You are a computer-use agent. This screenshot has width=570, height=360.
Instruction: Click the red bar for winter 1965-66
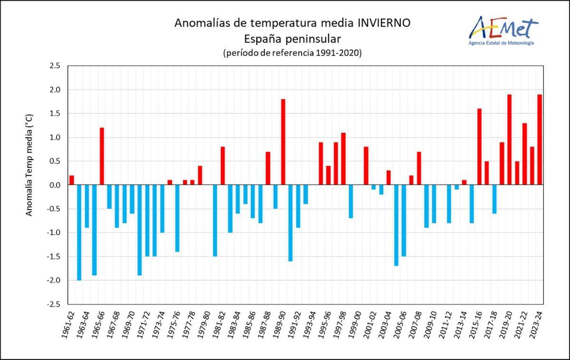coord(102,156)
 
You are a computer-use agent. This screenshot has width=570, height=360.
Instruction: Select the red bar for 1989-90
coord(283,142)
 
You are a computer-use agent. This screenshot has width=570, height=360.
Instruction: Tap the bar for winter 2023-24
coord(540,140)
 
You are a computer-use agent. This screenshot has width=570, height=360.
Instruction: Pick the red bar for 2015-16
coord(479,147)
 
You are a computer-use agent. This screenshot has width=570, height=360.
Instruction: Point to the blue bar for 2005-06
coord(404,220)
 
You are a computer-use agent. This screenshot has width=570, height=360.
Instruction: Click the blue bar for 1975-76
coord(177,218)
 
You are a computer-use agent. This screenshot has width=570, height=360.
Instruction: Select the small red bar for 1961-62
coord(72,180)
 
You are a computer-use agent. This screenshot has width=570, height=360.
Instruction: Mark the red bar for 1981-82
coord(223,166)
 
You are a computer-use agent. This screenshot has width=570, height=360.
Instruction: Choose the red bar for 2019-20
coord(509,140)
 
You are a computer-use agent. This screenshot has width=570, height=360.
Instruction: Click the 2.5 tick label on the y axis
coord(55,66)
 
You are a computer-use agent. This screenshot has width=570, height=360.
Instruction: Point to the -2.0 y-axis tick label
coord(53,280)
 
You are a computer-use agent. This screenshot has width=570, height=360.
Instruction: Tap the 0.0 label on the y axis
coord(55,185)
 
